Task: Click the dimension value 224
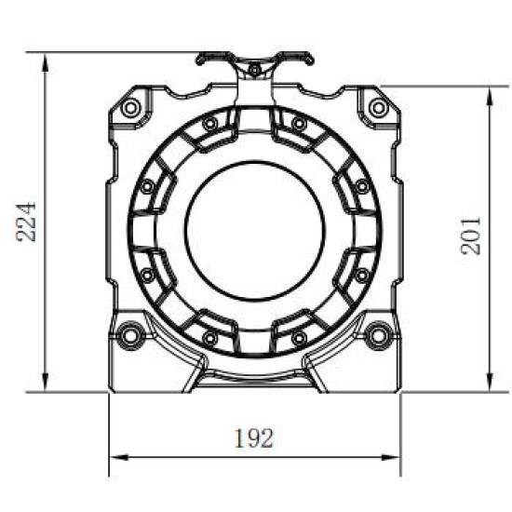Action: coord(27,221)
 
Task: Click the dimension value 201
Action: coord(470,235)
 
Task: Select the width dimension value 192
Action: coord(255,438)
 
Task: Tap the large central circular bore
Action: coord(255,229)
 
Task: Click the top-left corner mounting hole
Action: coord(131,108)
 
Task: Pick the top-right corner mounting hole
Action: coord(378,108)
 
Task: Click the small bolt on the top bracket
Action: coord(254,70)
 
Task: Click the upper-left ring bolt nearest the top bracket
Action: coord(210,123)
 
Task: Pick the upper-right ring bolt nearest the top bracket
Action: coord(299,123)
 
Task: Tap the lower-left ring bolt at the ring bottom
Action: coord(210,336)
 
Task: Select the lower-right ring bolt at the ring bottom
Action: coord(299,336)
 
